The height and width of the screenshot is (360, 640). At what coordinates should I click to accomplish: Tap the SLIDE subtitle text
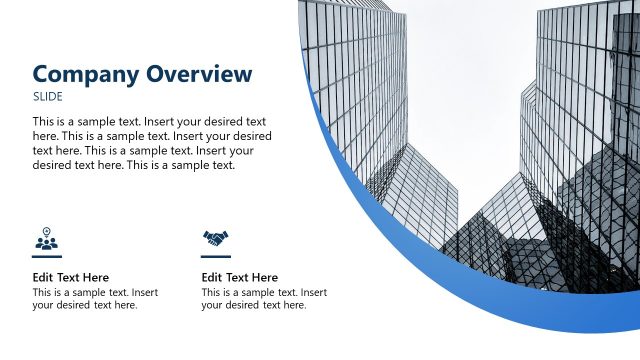coord(47,97)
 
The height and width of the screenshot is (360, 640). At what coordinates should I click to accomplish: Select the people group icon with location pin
coord(47,239)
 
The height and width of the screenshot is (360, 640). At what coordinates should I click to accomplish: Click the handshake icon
coord(216,239)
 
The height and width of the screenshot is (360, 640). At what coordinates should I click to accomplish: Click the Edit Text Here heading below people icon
coord(70,277)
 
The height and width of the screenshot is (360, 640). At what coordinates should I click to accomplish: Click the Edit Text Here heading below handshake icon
coord(239,277)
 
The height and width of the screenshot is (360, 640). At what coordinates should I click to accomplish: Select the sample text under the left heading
coord(95,299)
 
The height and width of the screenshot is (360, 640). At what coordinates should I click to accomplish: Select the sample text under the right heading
coord(264,299)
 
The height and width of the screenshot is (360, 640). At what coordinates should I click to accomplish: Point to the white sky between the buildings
coord(470,90)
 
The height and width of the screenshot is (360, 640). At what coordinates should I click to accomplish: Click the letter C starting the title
coord(42,74)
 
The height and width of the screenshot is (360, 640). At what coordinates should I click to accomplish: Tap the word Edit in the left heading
coord(43,277)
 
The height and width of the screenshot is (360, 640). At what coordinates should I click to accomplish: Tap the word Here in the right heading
coord(264,277)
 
